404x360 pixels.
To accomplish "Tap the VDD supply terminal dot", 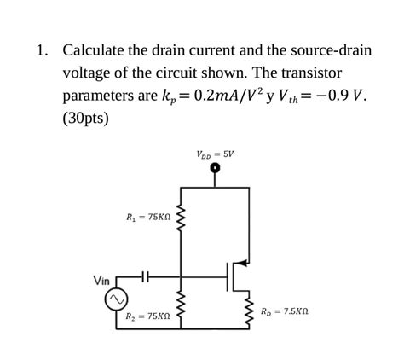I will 216,169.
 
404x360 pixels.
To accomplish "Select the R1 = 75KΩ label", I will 148,218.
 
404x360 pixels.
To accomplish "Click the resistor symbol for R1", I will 180,218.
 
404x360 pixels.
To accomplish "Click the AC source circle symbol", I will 115,300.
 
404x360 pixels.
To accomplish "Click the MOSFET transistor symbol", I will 237,275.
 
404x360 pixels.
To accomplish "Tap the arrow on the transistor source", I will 244,262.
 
